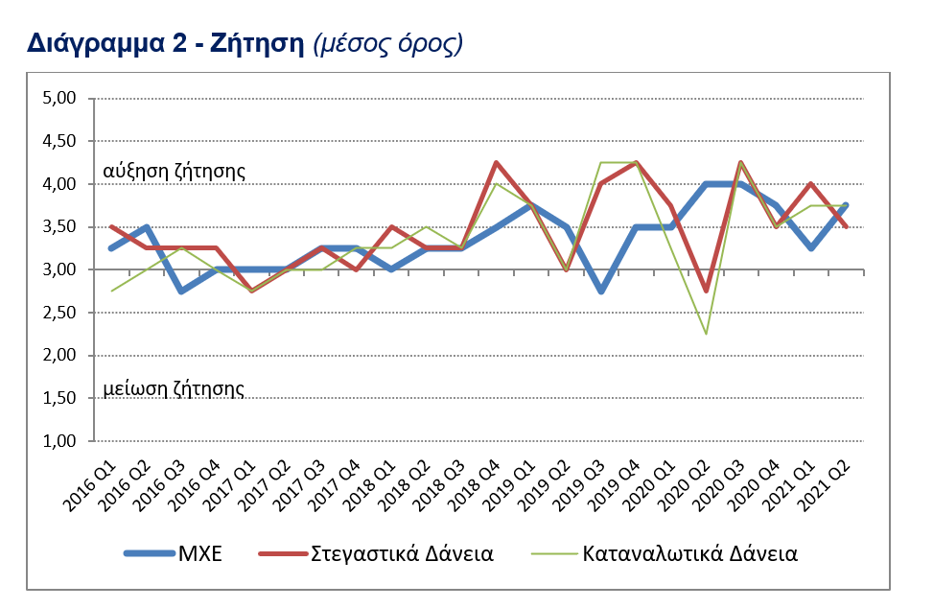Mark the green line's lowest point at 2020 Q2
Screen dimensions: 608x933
[705, 334]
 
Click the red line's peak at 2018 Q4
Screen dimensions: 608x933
[496, 162]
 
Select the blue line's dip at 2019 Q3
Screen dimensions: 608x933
[600, 291]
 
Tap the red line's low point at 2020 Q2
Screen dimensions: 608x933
[705, 291]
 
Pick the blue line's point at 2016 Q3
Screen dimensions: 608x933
[182, 291]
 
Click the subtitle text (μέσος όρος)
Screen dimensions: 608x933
[388, 43]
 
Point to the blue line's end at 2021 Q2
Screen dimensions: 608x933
[845, 205]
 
